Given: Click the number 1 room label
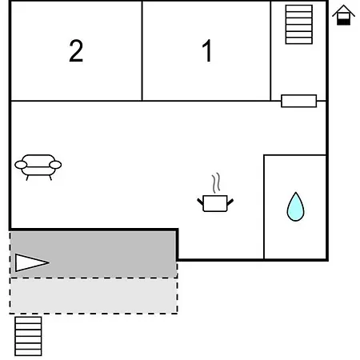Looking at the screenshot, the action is (207, 50).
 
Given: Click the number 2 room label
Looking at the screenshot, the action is (76, 50).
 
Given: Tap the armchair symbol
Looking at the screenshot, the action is (38, 167).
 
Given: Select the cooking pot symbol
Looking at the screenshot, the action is (215, 203).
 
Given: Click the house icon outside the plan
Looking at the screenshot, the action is (343, 15).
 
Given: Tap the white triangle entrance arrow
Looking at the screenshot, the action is (31, 263).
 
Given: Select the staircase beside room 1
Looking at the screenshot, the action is (299, 24).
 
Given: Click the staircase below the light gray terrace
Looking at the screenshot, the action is (28, 336).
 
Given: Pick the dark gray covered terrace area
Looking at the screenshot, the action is (94, 254).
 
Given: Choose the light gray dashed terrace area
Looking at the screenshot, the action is (94, 296).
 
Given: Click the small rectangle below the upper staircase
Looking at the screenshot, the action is (299, 101).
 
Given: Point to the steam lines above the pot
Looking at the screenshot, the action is (216, 182).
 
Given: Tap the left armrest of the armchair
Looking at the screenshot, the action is (21, 165).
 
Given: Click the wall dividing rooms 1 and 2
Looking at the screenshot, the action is (142, 50).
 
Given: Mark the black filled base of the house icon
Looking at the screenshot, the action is (343, 22).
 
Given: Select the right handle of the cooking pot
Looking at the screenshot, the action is (230, 202).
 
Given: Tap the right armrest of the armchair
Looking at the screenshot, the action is (55, 165).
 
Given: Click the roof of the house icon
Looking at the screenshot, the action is (343, 10).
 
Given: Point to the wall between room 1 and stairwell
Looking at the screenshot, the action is (270, 50).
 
